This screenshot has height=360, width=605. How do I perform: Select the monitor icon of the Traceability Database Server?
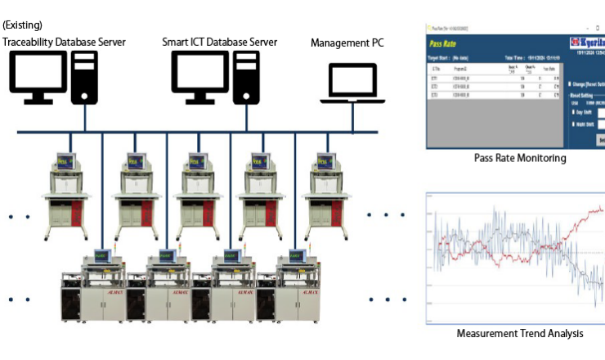coord(38,74)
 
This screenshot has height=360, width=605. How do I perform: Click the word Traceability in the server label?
coord(29,43)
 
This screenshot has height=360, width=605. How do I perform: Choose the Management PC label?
coord(347,43)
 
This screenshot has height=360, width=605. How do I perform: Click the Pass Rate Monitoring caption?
coord(520,158)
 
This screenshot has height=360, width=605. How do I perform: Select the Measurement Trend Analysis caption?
coord(520,333)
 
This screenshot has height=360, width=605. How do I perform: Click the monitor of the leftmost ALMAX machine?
coord(101,255)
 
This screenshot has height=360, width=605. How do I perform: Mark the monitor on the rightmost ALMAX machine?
coord(297,255)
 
